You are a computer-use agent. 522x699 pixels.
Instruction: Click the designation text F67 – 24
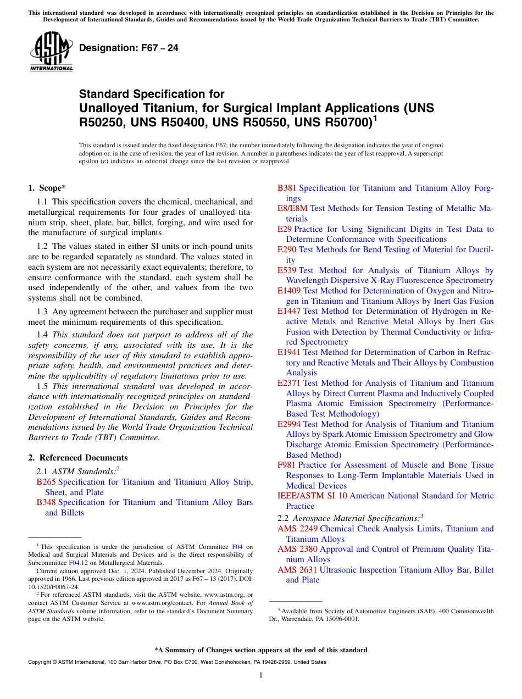129,48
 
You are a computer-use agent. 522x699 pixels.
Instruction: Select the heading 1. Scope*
47,188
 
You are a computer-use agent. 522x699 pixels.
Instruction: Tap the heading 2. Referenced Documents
78,458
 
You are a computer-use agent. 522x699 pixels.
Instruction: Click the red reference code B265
46,482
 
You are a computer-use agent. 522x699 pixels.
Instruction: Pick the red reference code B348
46,502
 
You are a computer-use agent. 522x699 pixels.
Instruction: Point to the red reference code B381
287,188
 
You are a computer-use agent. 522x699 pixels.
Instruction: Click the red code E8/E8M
292,208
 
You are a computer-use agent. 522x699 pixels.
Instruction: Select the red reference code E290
287,249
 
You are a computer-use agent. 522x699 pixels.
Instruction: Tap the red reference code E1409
289,291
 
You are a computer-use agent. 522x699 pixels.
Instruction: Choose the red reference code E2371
289,383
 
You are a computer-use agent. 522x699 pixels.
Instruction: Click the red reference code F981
286,465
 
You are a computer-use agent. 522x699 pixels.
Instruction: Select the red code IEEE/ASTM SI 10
312,496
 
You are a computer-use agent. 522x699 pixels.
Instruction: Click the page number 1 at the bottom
261,675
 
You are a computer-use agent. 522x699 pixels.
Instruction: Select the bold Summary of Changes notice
260,650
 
